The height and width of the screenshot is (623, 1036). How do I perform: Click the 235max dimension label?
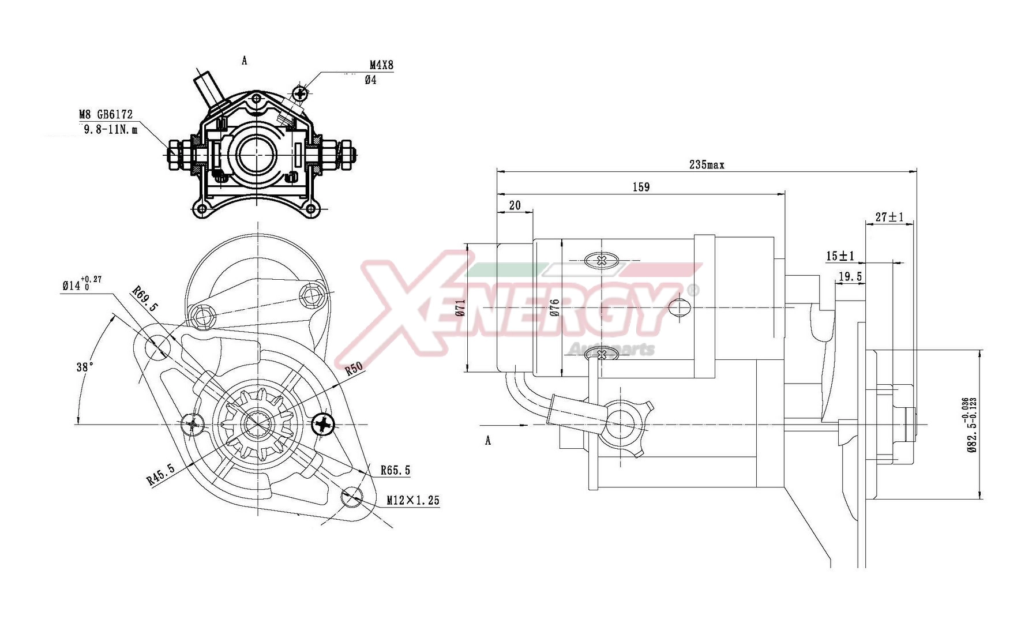click(x=707, y=165)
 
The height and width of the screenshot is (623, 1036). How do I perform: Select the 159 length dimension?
click(x=641, y=187)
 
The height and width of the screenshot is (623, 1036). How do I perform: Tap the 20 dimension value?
click(x=515, y=205)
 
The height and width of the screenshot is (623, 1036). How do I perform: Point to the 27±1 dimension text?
click(x=889, y=217)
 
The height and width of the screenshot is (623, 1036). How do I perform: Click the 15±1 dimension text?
click(x=840, y=256)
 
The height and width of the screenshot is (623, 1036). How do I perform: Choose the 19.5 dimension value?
click(x=850, y=277)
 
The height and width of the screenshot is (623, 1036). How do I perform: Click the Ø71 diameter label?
click(x=460, y=308)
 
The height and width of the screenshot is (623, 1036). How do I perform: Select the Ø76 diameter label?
click(x=555, y=308)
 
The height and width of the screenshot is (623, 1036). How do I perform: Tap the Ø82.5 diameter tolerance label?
click(x=972, y=425)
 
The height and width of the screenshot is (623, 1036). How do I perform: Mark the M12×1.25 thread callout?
click(x=412, y=500)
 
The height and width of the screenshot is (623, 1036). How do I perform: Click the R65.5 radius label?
click(x=395, y=471)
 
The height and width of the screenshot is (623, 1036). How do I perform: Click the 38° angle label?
click(x=85, y=367)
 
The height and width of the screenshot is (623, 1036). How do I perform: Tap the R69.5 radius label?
click(x=145, y=299)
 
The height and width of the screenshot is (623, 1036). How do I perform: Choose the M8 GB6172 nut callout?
click(x=106, y=114)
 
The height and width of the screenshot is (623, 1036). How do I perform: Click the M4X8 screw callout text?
click(x=381, y=65)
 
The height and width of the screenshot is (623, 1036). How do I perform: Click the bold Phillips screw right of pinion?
click(x=324, y=425)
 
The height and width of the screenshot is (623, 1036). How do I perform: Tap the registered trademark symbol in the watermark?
click(x=694, y=290)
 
